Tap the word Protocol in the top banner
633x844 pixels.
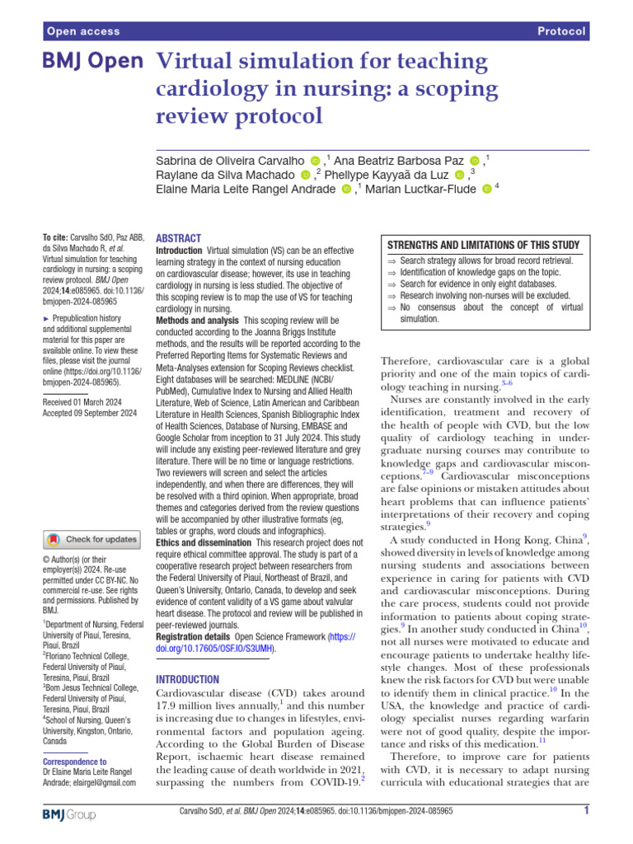[561, 31]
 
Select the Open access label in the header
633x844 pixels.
[84, 31]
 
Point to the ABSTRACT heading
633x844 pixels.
[178, 237]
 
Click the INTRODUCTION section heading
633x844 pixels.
[188, 679]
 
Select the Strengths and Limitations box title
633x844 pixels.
[483, 245]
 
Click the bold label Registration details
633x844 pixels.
[194, 637]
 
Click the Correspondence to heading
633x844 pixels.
[74, 762]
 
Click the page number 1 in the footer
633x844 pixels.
[585, 811]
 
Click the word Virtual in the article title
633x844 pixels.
[197, 62]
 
